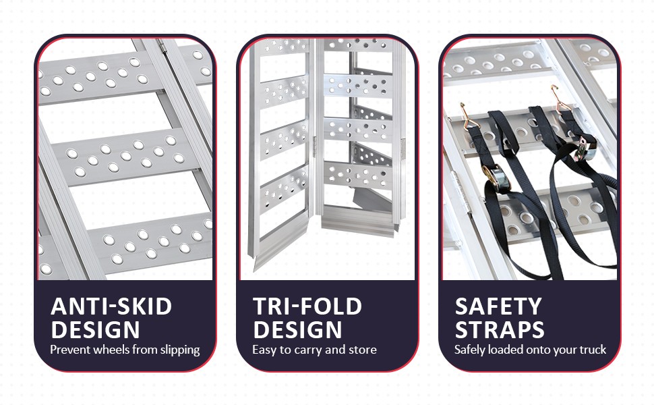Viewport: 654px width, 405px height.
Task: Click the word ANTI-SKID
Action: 111,306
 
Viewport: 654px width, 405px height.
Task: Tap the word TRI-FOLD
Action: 307,306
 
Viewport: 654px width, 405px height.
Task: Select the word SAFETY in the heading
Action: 498,306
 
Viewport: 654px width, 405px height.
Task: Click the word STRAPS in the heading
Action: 499,329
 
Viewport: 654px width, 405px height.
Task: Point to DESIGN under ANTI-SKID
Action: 95,329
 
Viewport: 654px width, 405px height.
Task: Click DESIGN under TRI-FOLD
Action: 297,329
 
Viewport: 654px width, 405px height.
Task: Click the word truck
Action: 593,350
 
